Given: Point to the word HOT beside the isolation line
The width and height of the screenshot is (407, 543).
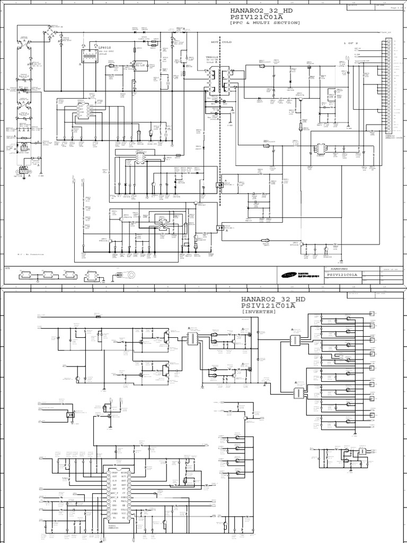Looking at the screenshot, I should click(x=215, y=42).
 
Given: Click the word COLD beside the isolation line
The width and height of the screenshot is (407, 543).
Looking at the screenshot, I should click(x=227, y=42).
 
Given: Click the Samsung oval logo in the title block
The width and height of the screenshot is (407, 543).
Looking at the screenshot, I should click(x=289, y=275).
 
